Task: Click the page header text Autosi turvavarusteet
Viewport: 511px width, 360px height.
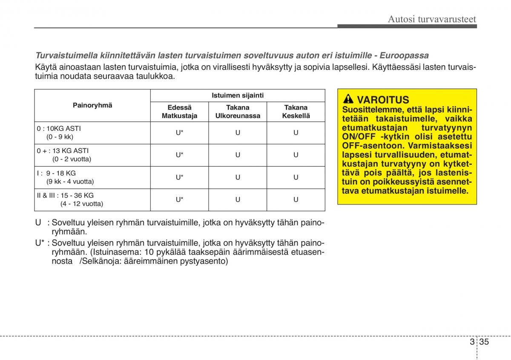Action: click(x=432, y=19)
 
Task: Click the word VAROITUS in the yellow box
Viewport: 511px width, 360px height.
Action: click(x=383, y=100)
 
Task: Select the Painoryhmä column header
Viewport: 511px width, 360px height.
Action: click(x=92, y=105)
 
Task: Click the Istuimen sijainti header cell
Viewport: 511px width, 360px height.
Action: click(x=238, y=95)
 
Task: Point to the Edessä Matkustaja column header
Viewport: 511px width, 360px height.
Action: click(x=179, y=112)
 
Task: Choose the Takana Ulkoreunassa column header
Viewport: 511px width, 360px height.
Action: click(x=238, y=112)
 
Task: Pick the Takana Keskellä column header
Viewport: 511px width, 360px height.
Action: click(x=296, y=112)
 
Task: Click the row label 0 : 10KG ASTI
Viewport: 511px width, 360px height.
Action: click(x=59, y=128)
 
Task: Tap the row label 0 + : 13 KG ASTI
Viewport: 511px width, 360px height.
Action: click(x=63, y=150)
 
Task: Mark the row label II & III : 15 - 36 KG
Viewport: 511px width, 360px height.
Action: click(x=65, y=195)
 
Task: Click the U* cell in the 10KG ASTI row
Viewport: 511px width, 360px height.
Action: click(x=179, y=132)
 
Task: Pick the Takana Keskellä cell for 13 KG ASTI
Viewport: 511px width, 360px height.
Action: click(x=296, y=155)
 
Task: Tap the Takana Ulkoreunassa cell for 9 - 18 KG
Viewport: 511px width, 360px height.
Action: click(x=238, y=177)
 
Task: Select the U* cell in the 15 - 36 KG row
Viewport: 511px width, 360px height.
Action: click(x=179, y=199)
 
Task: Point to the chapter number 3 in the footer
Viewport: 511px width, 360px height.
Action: click(x=472, y=343)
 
